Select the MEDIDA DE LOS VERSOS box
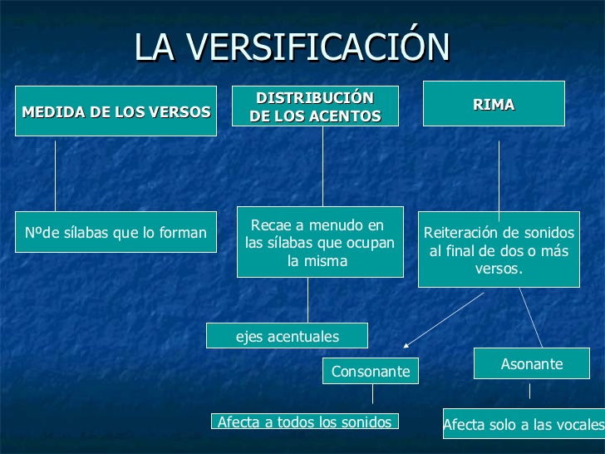(x=116, y=111)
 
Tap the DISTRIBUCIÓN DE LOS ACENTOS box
(x=315, y=106)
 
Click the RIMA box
(x=494, y=104)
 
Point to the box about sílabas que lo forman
(x=116, y=232)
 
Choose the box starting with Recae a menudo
(x=320, y=242)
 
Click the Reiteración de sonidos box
(x=498, y=250)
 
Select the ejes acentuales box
(x=288, y=336)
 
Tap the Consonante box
(x=371, y=371)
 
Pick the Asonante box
(x=532, y=363)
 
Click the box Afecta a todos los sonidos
(x=304, y=422)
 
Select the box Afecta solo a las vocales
(x=523, y=424)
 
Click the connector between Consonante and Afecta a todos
(x=372, y=393)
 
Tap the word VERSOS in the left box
(x=183, y=111)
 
